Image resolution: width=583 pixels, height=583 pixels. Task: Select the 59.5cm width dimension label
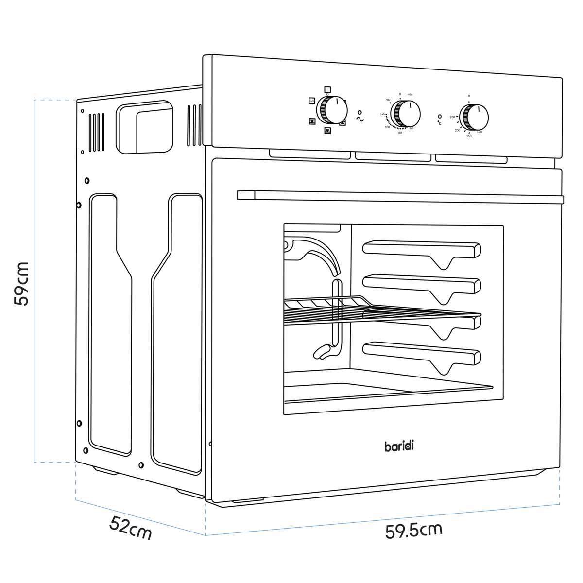[x=413, y=530]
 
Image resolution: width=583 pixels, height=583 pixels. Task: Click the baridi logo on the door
[x=399, y=446]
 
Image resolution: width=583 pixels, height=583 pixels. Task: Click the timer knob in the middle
[x=407, y=114]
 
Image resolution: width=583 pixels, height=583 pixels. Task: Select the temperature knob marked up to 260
[x=475, y=117]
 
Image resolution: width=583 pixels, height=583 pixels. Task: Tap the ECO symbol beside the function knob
[x=311, y=101]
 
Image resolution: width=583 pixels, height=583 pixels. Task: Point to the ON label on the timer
[x=388, y=100]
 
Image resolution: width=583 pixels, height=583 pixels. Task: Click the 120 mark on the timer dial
[x=382, y=114]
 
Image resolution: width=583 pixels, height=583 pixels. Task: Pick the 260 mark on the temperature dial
[x=452, y=117]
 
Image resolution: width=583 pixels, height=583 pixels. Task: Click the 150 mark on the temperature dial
[x=469, y=136]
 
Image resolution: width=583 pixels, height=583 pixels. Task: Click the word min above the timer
[x=410, y=94]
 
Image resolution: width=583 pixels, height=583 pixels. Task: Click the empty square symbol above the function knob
[x=327, y=89]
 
